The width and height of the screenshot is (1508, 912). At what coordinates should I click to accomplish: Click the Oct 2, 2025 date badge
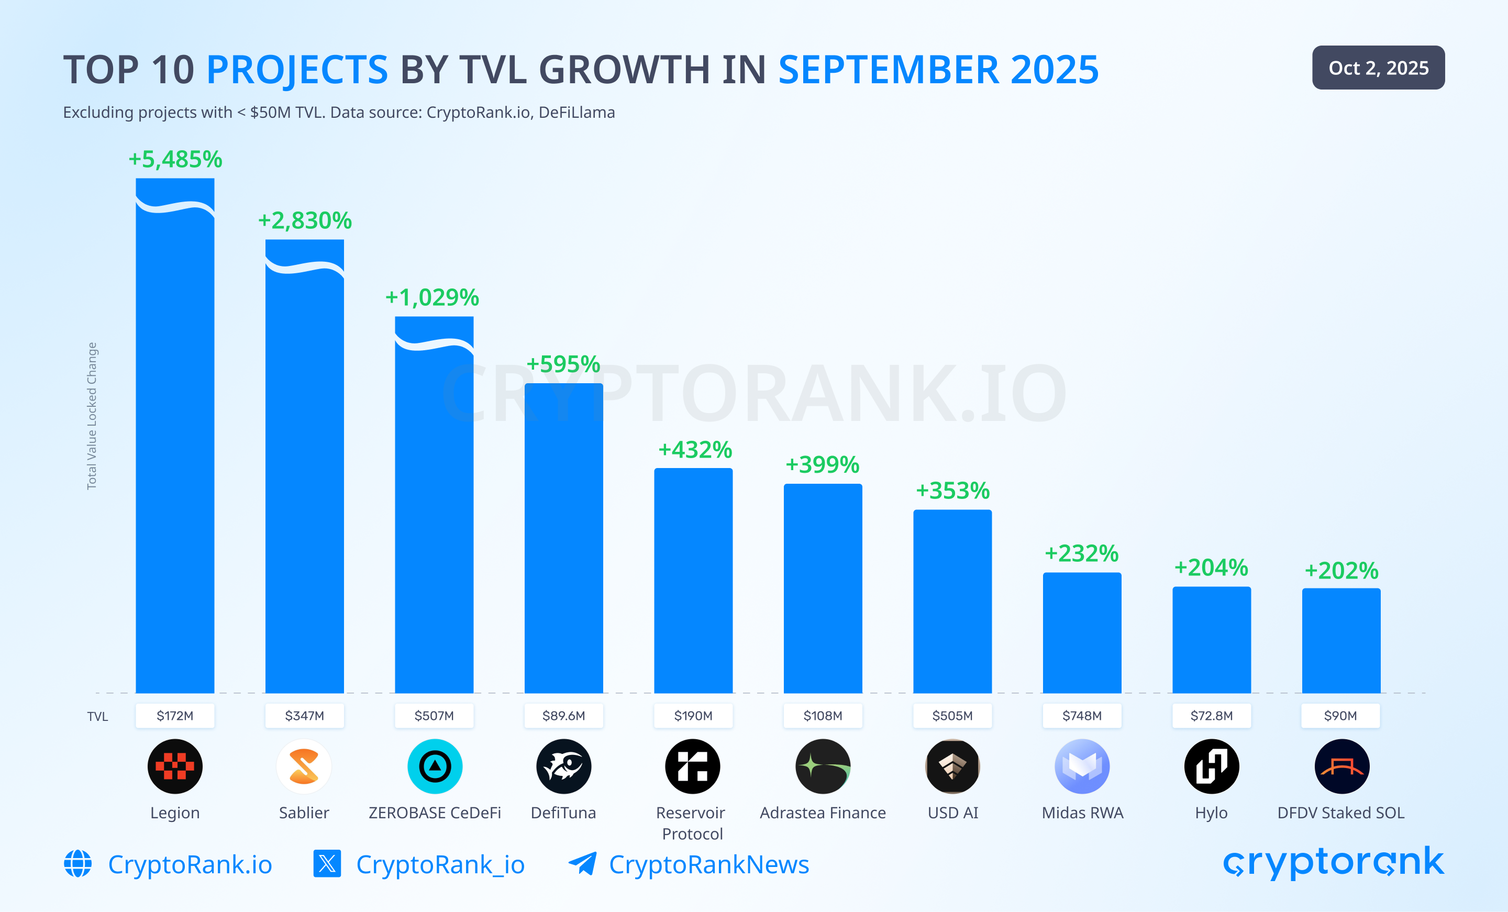[1378, 68]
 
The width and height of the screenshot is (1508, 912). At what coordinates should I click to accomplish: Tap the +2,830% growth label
[305, 220]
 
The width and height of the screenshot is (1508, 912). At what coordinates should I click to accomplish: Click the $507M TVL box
[434, 716]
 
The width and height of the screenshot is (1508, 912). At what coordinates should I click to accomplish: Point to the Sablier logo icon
[304, 766]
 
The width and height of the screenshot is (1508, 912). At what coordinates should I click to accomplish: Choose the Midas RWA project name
[1082, 813]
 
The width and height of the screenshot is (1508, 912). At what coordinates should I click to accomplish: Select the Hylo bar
[1211, 640]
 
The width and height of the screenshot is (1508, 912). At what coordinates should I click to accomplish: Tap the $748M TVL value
[1082, 716]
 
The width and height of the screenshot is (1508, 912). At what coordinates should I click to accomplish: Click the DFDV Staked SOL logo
[1341, 766]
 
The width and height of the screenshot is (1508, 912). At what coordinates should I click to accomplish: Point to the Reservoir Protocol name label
[692, 822]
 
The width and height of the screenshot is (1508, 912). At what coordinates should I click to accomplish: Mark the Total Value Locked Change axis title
[92, 416]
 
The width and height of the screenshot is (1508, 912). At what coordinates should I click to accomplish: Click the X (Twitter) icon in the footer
[327, 864]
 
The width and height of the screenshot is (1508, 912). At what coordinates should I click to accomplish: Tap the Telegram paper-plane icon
[582, 864]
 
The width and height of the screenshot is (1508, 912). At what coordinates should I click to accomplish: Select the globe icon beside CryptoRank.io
[77, 864]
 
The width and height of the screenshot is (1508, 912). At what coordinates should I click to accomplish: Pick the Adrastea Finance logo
[823, 766]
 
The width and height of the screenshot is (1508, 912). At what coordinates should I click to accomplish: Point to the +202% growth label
[1341, 571]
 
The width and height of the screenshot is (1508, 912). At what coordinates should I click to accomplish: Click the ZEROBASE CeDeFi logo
[435, 766]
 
